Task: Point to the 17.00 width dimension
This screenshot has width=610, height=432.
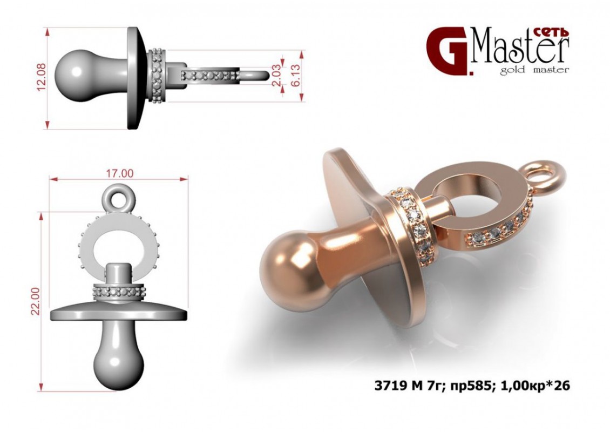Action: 120,173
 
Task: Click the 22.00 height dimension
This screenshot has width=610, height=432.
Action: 36,301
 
